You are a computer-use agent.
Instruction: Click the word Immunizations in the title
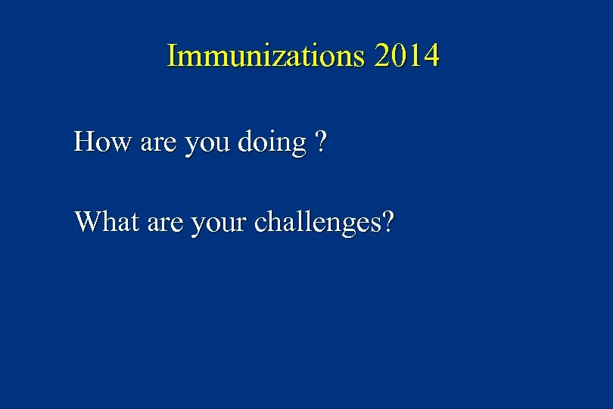(263, 56)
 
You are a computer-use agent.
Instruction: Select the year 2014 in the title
(406, 56)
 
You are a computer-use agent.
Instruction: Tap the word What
(105, 222)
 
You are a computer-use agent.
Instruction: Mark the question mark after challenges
(387, 222)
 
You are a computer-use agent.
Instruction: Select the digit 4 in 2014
(430, 56)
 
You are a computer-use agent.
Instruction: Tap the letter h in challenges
(274, 222)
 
